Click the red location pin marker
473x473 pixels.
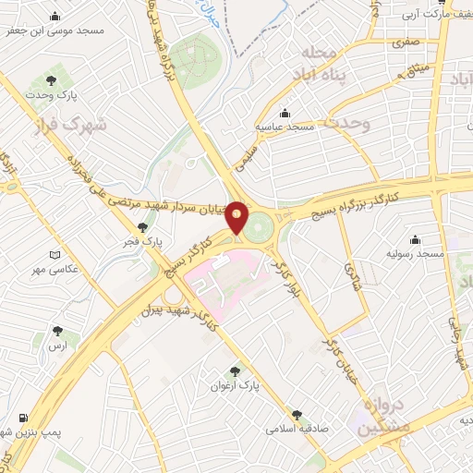237,218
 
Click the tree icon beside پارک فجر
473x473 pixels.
141,227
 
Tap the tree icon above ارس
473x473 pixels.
58,330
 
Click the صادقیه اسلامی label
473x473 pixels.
291,429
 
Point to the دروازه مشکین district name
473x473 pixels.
378,415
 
